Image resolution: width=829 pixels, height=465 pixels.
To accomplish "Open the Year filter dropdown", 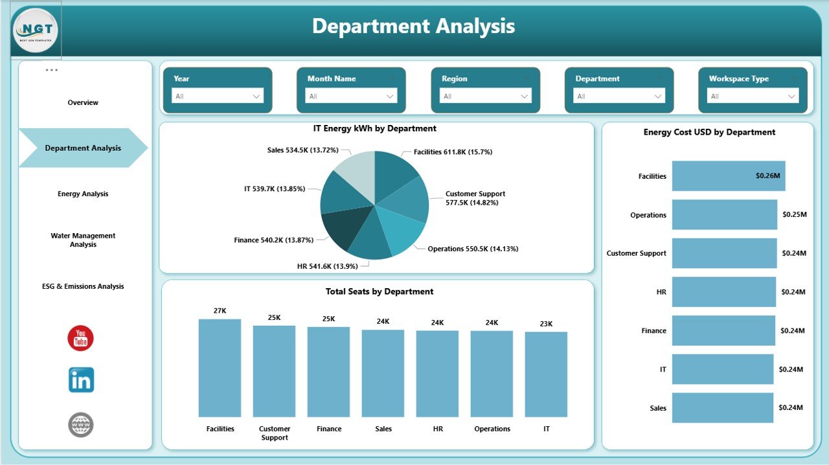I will tap(218, 96).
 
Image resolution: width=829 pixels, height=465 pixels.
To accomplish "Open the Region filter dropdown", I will tap(486, 96).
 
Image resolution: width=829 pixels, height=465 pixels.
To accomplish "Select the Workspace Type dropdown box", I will tap(753, 96).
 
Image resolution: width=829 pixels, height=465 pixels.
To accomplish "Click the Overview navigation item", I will tap(83, 102).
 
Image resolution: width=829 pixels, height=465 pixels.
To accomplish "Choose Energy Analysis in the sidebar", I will tap(83, 194).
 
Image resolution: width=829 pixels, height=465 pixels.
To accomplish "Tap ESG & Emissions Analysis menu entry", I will tap(83, 286).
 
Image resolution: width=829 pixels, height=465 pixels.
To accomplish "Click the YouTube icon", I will tap(81, 338).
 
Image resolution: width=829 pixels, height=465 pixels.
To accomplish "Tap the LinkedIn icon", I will tap(81, 380).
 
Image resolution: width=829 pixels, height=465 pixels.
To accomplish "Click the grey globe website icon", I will tap(81, 425).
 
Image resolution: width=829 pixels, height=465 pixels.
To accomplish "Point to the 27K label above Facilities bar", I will tap(220, 311).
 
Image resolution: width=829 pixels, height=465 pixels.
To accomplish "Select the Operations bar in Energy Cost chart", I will tap(724, 214).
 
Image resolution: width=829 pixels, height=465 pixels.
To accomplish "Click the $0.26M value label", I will tap(767, 176).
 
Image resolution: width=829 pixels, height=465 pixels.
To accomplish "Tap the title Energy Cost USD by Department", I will tap(709, 132).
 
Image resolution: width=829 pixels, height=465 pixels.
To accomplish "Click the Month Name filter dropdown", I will tap(352, 96).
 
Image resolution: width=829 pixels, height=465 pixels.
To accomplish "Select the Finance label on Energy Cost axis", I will tap(653, 331).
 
